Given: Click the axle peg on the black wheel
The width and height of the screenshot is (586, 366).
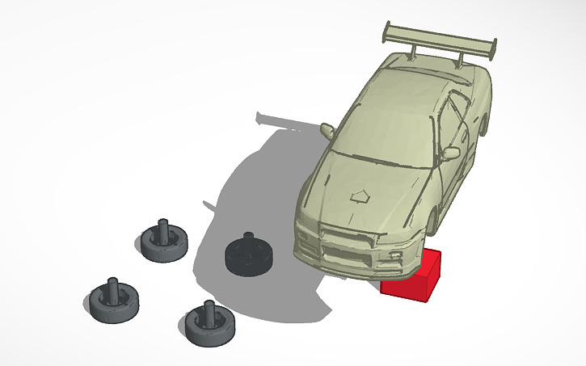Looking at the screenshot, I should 247,240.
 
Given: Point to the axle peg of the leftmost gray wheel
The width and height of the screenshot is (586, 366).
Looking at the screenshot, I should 112,287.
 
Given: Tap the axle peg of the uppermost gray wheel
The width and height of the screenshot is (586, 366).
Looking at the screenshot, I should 162,228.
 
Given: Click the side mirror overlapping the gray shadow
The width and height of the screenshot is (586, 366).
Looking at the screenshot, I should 328,129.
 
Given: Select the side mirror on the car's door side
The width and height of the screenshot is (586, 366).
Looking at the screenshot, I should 451,152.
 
